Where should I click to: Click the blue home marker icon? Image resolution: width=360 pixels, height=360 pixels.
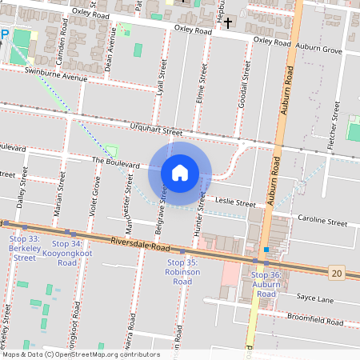[180, 172]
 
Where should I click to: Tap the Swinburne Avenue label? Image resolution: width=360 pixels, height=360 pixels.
[55, 78]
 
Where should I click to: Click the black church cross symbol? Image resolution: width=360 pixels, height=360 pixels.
[228, 22]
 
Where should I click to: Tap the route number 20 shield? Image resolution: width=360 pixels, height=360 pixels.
[336, 274]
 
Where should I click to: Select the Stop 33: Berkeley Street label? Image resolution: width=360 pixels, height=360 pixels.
[22, 248]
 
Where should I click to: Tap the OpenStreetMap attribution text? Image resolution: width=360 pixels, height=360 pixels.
[80, 354]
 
